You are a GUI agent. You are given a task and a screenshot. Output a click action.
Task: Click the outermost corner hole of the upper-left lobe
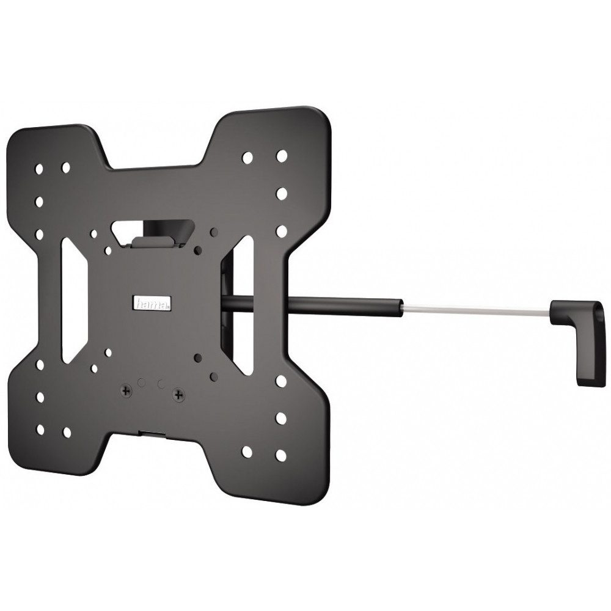tap(40, 167)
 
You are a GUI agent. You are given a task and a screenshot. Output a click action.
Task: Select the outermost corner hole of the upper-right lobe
tap(282, 156)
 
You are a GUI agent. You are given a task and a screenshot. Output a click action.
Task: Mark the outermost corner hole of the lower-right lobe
tap(281, 455)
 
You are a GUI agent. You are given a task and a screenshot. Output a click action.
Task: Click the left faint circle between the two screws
tap(142, 382)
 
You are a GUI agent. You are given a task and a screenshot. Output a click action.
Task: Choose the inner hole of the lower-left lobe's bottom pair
tap(66, 431)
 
